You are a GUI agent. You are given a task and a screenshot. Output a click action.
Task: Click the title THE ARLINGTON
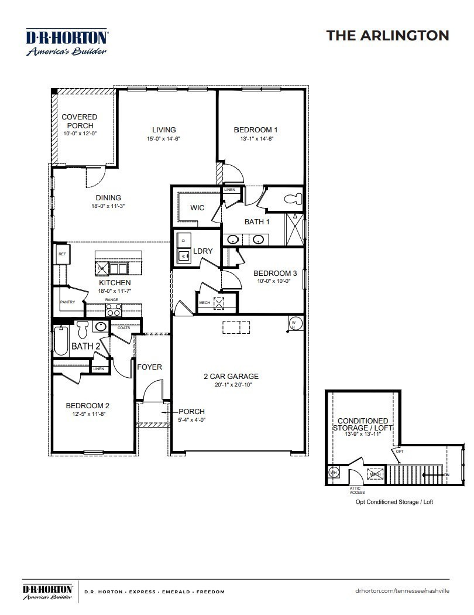(x=387, y=35)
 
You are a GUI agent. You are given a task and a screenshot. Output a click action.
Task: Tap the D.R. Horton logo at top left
(x=66, y=42)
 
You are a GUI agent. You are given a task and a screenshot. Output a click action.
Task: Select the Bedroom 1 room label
(x=256, y=130)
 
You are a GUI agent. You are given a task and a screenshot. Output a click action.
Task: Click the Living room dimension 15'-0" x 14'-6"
(x=164, y=139)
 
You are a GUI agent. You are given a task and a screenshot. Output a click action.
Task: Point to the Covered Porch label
(x=80, y=121)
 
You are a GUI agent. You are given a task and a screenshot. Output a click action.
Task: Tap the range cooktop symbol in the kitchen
(x=113, y=309)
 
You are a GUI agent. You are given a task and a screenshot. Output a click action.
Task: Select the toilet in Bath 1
(x=294, y=199)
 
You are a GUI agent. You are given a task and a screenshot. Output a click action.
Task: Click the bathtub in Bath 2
(x=61, y=343)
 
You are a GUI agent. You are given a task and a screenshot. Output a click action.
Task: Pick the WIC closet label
(x=197, y=208)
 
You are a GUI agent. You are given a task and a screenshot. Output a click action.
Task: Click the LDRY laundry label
(x=202, y=251)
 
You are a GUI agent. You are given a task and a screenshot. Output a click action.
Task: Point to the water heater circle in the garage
(x=296, y=323)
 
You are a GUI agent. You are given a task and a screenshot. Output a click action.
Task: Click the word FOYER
(x=149, y=367)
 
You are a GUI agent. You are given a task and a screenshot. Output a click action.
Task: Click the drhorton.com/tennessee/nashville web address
(x=402, y=592)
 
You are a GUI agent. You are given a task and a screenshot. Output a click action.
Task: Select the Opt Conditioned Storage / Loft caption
(x=394, y=502)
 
